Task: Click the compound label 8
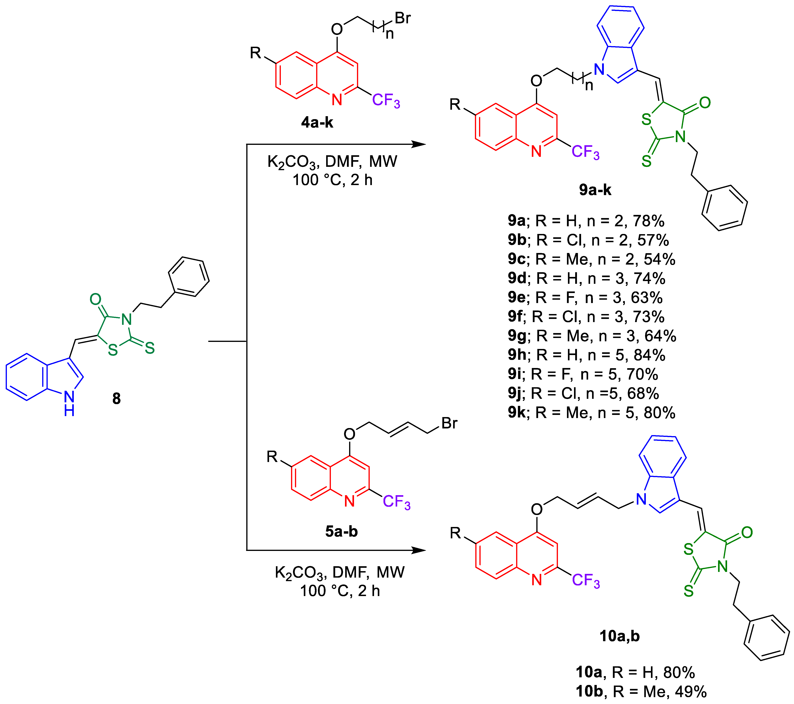[116, 399]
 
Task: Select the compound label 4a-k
[317, 122]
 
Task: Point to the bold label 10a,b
[619, 636]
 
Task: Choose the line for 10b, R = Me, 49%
[641, 692]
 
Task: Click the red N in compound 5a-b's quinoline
[349, 501]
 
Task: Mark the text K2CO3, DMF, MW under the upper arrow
[332, 161]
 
